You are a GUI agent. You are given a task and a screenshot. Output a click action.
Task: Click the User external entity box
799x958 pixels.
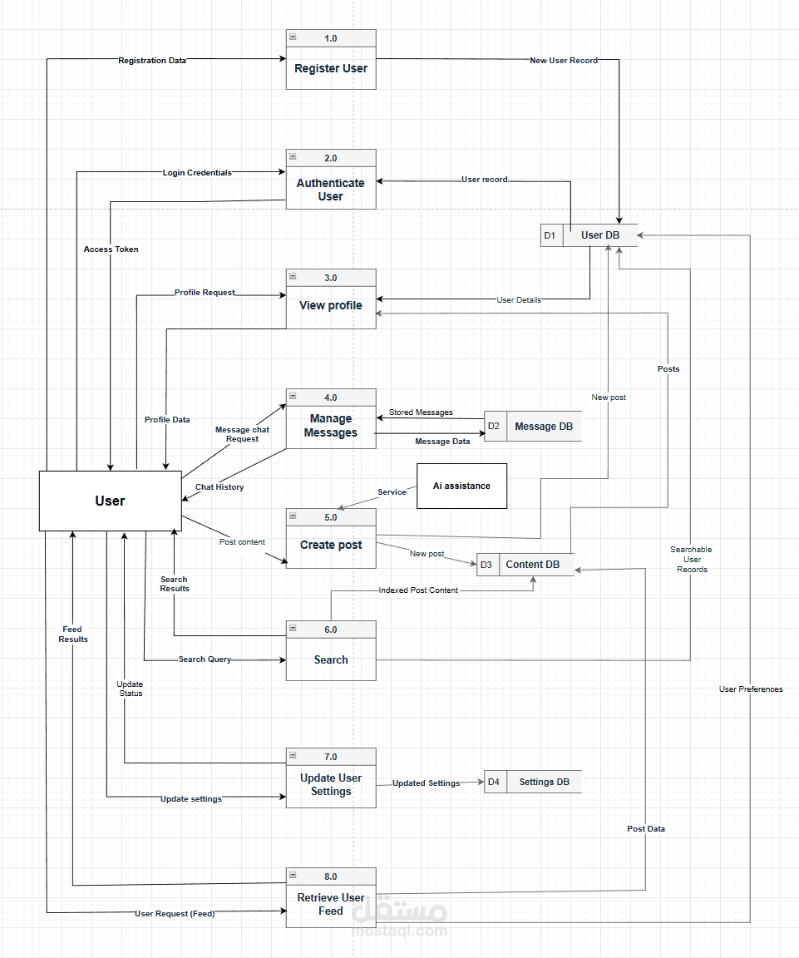click(x=110, y=501)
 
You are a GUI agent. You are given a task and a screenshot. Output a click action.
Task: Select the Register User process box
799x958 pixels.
click(x=331, y=68)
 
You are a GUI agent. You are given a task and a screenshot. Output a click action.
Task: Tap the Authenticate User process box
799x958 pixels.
click(x=331, y=190)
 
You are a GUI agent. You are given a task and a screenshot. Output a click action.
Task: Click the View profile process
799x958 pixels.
click(x=331, y=305)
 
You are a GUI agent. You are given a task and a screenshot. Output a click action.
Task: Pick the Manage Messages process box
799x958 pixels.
click(x=331, y=426)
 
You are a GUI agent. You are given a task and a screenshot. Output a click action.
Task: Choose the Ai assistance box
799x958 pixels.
click(x=461, y=486)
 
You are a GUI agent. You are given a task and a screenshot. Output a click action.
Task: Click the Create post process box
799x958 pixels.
click(x=331, y=545)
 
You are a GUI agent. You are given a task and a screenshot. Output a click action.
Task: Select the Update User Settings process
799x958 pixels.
click(x=331, y=784)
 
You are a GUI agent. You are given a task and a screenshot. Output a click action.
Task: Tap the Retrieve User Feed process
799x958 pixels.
click(x=331, y=904)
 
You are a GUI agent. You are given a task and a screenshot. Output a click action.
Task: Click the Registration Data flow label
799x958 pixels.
click(x=152, y=61)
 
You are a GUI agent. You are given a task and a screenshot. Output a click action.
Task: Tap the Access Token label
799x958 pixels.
click(x=111, y=249)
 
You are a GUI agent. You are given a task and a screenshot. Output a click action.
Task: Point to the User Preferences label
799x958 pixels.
click(x=751, y=689)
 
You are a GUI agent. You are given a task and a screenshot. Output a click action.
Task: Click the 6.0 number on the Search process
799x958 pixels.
click(x=331, y=630)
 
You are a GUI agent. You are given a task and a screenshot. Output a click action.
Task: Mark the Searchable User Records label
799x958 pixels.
click(x=691, y=560)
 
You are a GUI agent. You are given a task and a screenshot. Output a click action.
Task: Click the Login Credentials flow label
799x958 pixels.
click(x=197, y=173)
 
